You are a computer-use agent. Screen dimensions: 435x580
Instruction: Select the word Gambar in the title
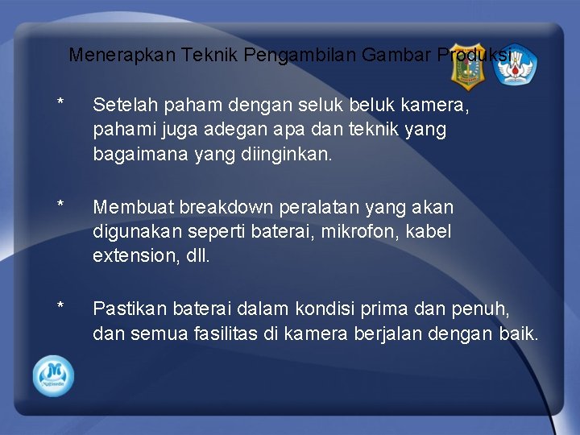pos(397,56)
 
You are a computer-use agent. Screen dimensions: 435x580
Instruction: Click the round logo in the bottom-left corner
pos(53,375)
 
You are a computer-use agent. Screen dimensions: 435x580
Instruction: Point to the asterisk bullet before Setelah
pos(60,102)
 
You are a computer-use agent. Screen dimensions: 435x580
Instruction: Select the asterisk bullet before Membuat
pos(60,205)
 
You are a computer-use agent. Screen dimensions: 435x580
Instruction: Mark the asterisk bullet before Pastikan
pos(60,307)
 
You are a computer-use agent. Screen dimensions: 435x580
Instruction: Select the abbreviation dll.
pos(198,255)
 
